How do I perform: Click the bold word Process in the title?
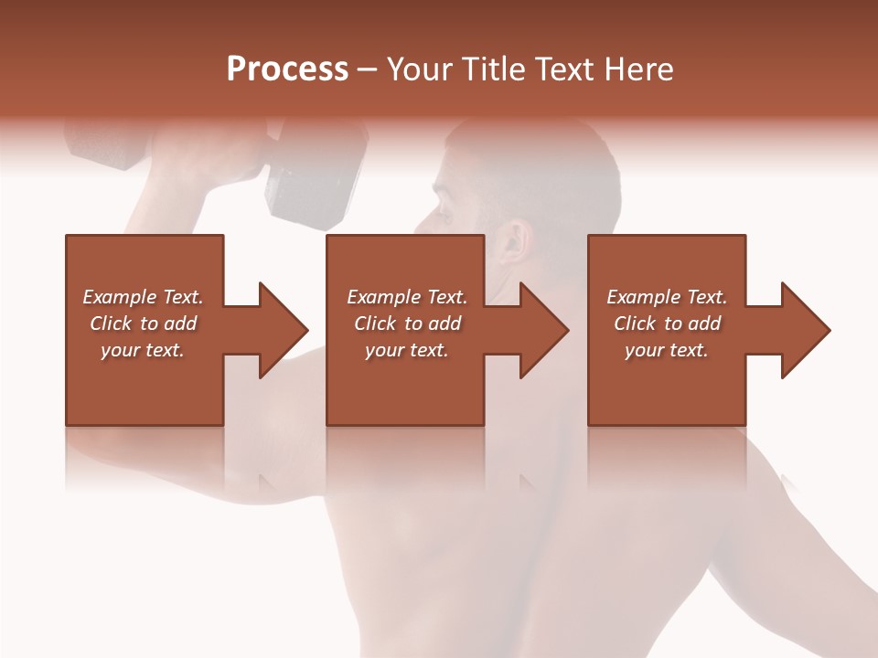pyautogui.click(x=287, y=69)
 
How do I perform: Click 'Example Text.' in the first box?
pyautogui.click(x=143, y=297)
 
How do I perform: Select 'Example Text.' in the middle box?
pyautogui.click(x=407, y=297)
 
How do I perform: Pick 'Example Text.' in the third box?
pyautogui.click(x=667, y=297)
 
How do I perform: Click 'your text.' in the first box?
pyautogui.click(x=143, y=350)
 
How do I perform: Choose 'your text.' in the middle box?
pyautogui.click(x=407, y=350)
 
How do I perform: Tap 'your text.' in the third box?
pyautogui.click(x=667, y=350)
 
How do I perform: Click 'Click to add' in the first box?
pyautogui.click(x=143, y=324)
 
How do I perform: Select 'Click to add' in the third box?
pyautogui.click(x=667, y=324)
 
